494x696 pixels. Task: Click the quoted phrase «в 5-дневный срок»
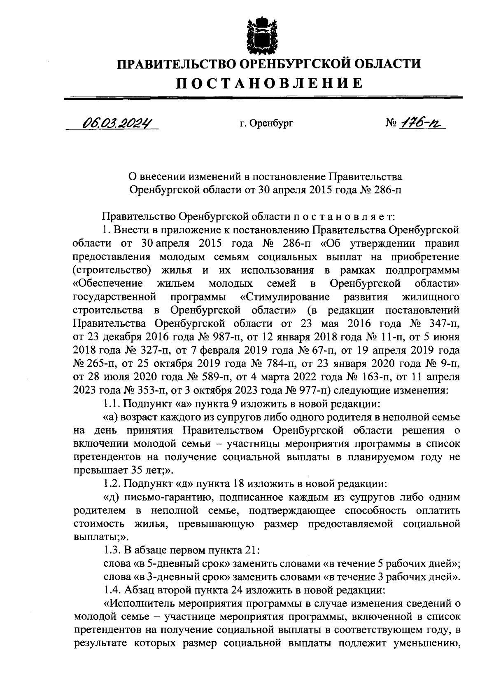pyautogui.click(x=179, y=564)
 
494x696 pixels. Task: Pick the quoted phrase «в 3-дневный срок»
pyautogui.click(x=179, y=578)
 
